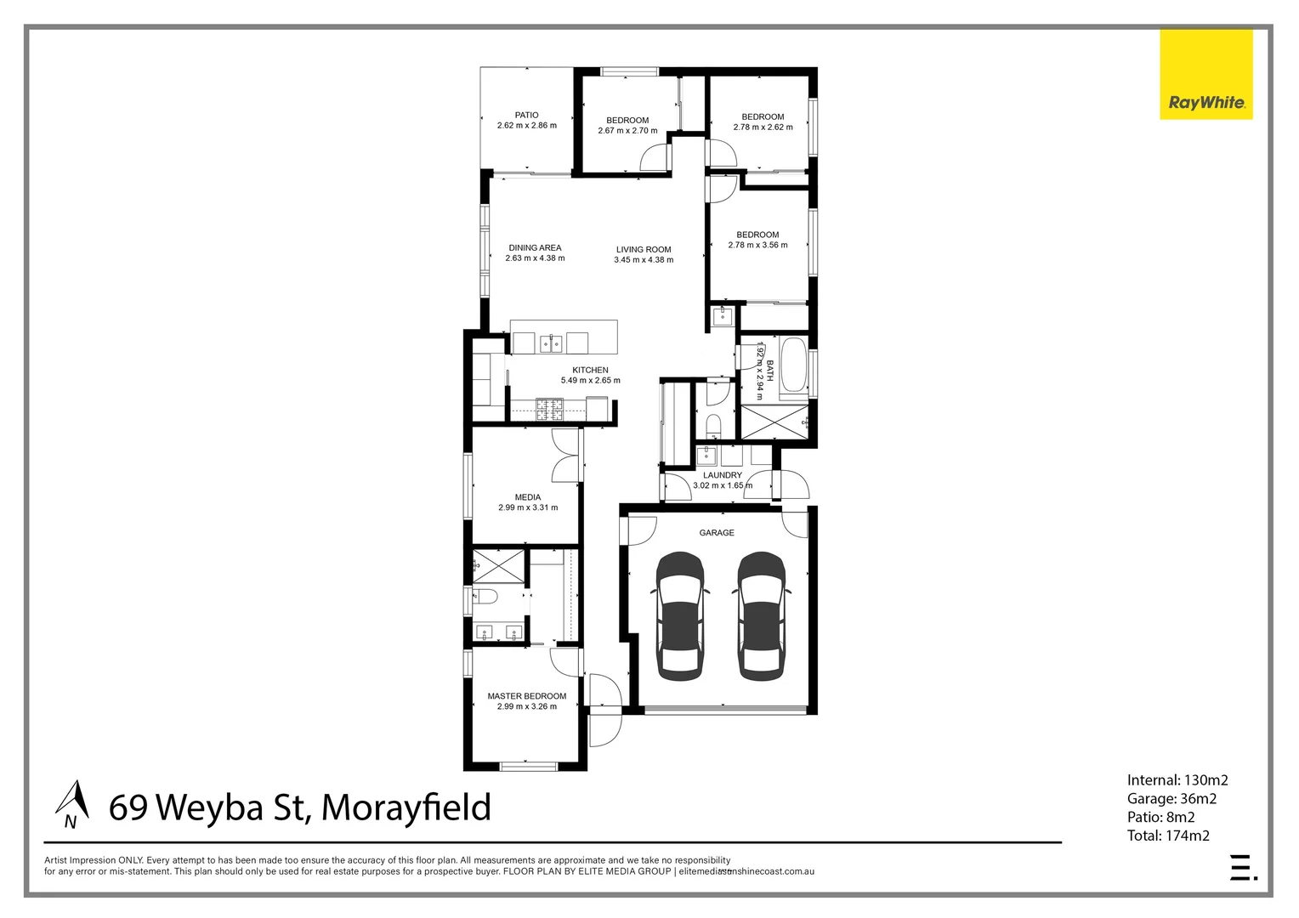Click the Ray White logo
[1205, 75]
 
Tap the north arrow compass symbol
[73, 804]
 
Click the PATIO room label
[526, 115]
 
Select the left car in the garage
[680, 616]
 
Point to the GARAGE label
[717, 533]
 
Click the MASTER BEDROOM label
[526, 696]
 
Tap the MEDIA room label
[528, 497]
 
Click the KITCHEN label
[590, 370]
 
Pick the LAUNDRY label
[723, 475]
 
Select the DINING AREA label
[535, 248]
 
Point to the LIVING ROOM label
[644, 250]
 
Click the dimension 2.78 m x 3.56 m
[757, 246]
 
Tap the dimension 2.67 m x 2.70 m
[627, 131]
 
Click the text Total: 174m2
[1168, 836]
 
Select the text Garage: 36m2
[1171, 798]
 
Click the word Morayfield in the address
[406, 807]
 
